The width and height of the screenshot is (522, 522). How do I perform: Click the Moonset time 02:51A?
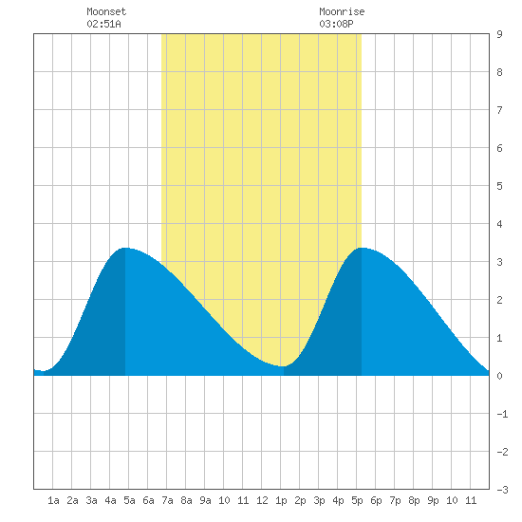pos(103,24)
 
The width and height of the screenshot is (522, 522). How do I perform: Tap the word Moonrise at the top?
pos(342,11)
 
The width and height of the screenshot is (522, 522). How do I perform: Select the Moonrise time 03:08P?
pos(336,24)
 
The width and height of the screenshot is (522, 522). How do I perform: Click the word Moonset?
pos(106,11)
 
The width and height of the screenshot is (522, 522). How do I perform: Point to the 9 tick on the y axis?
pos(499,34)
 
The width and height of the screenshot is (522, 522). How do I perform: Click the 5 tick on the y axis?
pos(499,186)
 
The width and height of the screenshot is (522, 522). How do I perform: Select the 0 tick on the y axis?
pos(499,376)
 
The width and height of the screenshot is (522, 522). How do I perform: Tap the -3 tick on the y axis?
pos(502,490)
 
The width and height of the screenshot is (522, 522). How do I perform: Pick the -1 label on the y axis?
pos(502,414)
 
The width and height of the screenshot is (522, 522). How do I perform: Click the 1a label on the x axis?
pos(53,500)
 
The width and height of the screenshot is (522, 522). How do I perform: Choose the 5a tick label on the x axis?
pos(129,500)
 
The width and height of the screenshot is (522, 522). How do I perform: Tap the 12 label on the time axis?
pos(262,500)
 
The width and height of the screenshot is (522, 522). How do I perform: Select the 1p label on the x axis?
pos(281,500)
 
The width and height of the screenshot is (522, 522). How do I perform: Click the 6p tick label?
pos(376,500)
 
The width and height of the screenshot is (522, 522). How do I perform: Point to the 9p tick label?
pos(433,500)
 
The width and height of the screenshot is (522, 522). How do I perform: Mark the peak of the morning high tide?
pos(125,248)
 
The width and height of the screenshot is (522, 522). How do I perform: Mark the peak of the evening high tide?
pos(362,248)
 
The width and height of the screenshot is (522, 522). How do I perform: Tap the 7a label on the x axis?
pos(167,500)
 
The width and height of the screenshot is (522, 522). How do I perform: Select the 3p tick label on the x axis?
pos(319,500)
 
